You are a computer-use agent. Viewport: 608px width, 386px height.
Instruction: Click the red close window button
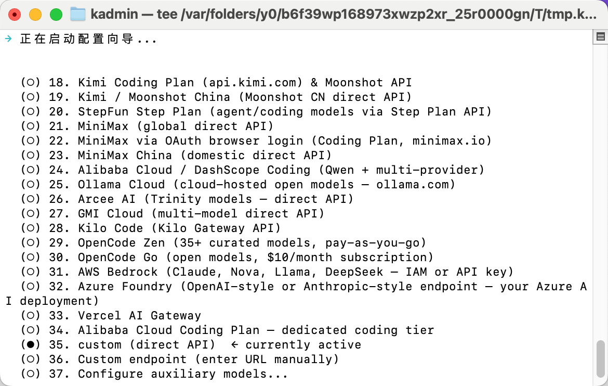click(15, 15)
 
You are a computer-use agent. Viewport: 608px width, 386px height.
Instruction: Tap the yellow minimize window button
click(35, 15)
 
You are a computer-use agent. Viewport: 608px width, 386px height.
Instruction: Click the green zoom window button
click(56, 15)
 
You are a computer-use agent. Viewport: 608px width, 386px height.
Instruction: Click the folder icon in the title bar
click(78, 15)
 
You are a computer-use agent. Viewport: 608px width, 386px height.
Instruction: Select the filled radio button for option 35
click(31, 344)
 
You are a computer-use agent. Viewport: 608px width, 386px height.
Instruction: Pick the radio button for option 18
click(31, 82)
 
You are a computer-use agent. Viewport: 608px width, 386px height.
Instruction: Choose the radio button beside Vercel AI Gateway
click(31, 315)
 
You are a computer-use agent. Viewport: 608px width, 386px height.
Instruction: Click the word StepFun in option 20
click(103, 112)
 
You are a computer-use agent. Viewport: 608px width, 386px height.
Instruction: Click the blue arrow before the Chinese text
click(8, 38)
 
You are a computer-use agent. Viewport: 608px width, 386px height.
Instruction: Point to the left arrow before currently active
click(234, 344)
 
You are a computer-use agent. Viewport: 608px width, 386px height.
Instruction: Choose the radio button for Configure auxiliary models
click(31, 374)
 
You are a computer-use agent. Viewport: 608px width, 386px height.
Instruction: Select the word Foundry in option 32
click(147, 287)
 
